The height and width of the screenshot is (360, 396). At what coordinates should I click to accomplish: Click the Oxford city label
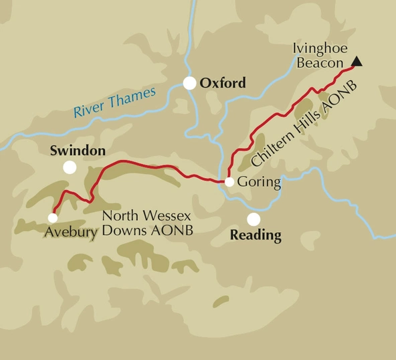[x=223, y=84]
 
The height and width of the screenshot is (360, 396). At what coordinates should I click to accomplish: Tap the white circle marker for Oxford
[x=190, y=84]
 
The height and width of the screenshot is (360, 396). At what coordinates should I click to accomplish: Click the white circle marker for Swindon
[x=69, y=167]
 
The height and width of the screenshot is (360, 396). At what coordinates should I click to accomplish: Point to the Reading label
[x=255, y=236]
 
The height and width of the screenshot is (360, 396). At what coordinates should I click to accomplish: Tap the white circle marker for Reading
[x=254, y=219]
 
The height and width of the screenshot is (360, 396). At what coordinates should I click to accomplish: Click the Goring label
[x=258, y=181]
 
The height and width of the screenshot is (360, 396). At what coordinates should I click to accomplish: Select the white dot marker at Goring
[x=229, y=182]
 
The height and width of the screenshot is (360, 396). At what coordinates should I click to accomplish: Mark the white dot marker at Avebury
[x=52, y=217]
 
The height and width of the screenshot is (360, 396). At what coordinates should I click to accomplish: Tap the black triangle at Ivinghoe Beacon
[x=357, y=62]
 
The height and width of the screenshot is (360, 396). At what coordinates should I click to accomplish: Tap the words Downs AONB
[x=143, y=232]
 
